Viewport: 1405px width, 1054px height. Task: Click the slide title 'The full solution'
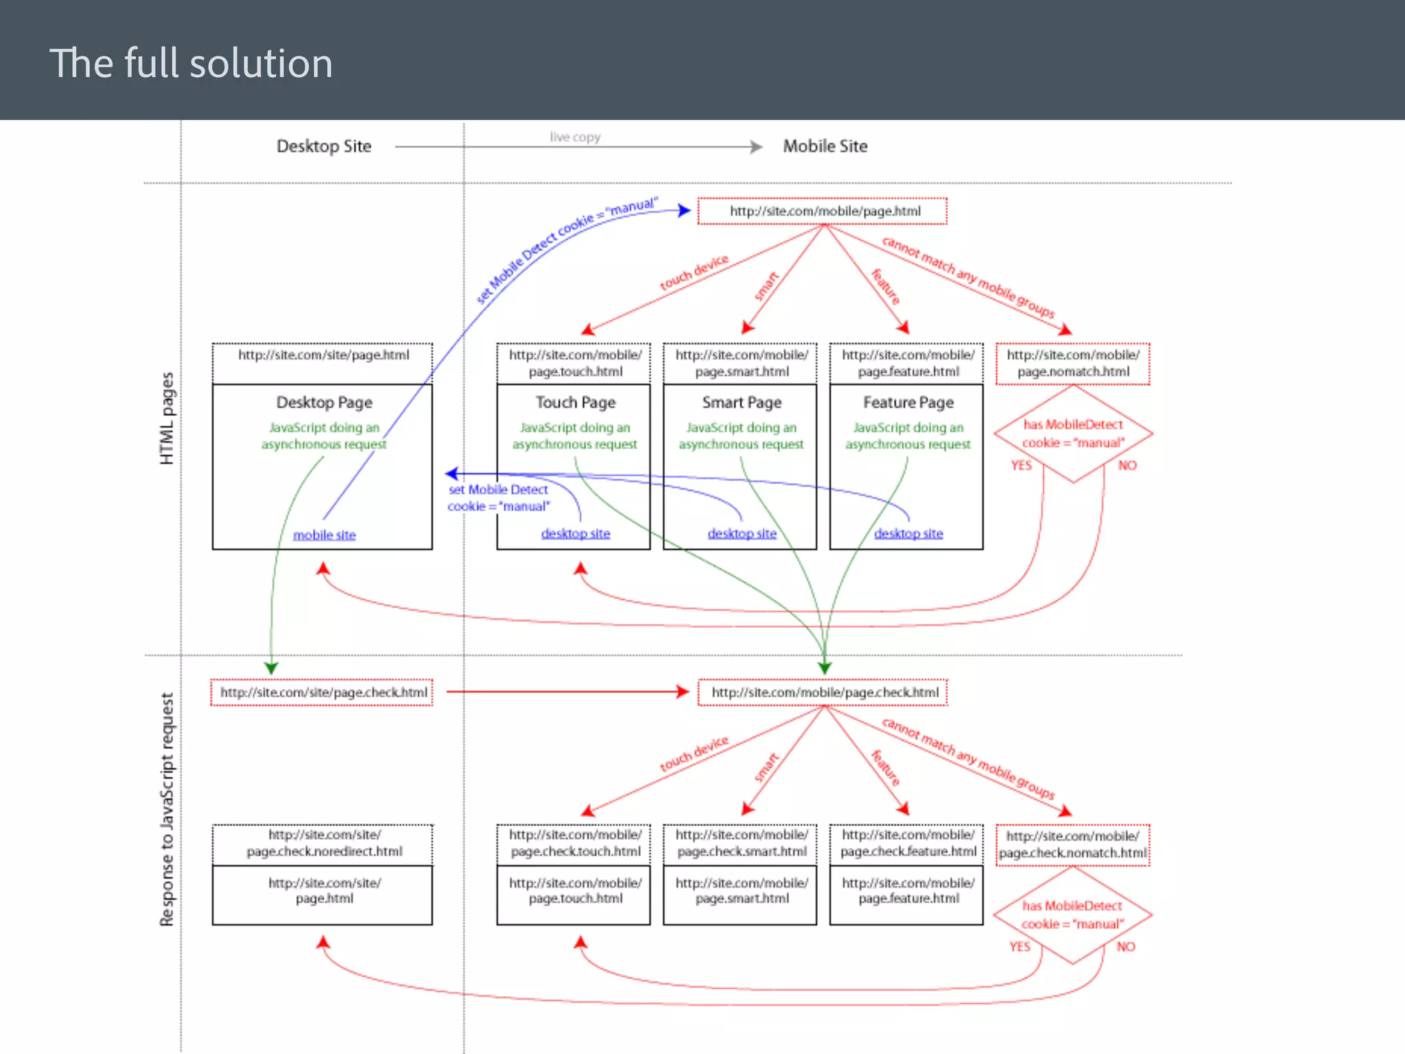191,63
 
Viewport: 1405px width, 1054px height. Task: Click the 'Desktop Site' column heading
324,146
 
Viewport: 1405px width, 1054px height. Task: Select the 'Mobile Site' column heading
825,146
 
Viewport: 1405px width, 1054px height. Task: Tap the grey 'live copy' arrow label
575,137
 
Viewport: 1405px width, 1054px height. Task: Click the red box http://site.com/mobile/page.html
823,211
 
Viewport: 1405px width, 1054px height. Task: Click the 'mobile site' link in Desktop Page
324,535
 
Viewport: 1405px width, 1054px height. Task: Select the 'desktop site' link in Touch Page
575,534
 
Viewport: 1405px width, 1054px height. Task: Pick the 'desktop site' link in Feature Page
908,534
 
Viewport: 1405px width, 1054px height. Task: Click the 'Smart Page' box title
742,403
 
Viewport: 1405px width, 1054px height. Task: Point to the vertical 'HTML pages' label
167,419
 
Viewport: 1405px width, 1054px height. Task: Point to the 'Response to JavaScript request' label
167,810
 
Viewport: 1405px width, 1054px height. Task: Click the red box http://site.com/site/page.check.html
322,692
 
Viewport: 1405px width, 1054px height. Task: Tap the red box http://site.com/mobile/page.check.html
823,692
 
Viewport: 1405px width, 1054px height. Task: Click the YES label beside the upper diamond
1021,466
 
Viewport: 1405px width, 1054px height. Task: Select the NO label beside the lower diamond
1126,947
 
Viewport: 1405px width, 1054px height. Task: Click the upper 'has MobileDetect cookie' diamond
1073,434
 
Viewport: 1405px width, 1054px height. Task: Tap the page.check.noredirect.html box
324,843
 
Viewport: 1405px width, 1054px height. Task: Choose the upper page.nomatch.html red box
1073,364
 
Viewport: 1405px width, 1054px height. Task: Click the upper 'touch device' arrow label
694,273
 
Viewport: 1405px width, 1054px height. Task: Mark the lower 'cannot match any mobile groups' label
968,758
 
